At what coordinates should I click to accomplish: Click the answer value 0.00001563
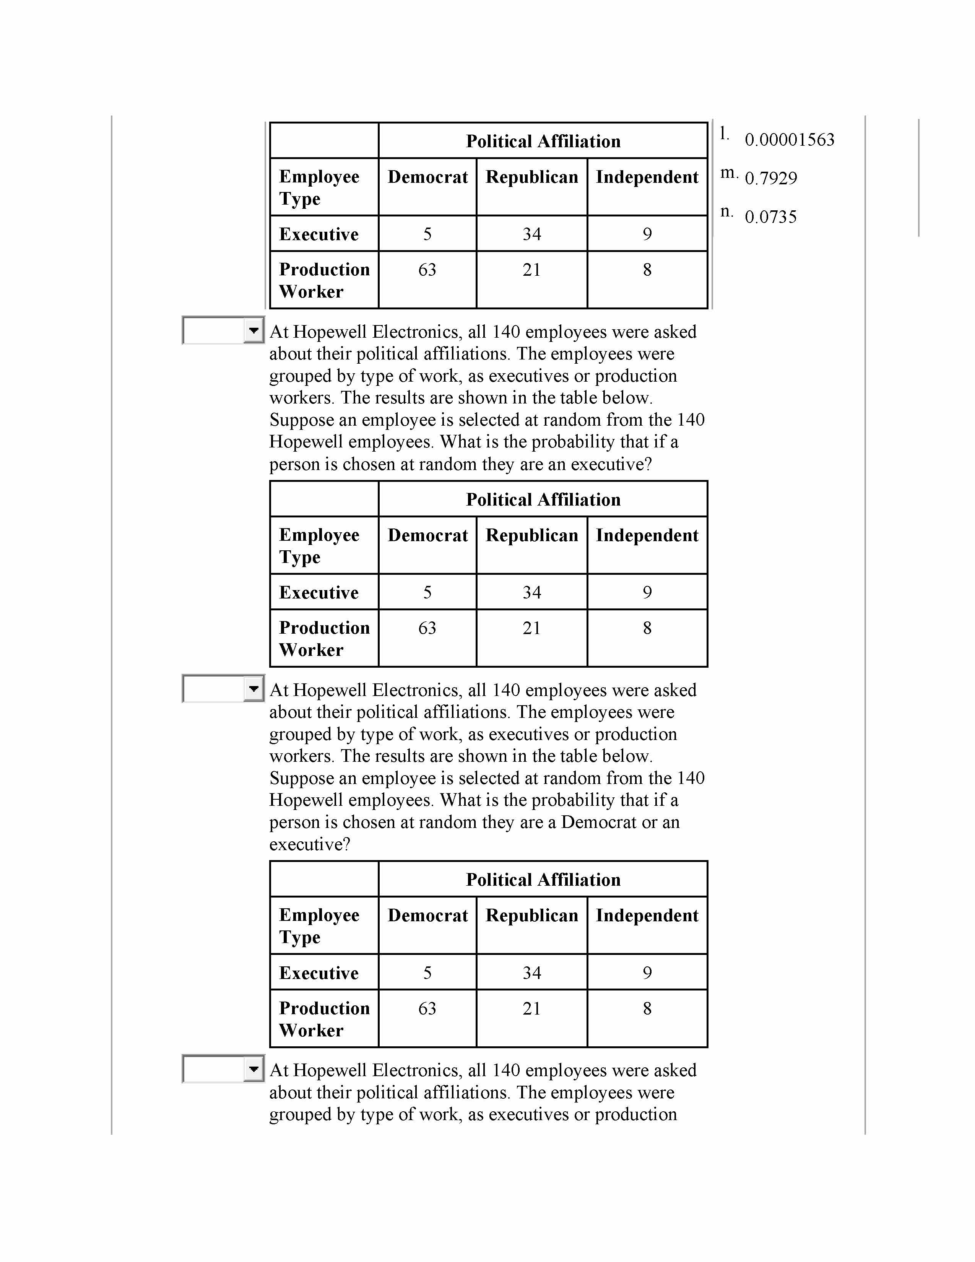789,140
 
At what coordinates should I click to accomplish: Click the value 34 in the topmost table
531,234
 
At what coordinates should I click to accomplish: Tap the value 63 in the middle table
427,628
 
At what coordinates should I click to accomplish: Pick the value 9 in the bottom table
647,973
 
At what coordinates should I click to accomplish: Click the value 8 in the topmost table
647,270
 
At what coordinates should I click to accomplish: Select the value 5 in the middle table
427,592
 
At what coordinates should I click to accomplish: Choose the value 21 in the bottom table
531,1008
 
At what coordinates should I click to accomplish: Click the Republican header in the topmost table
531,177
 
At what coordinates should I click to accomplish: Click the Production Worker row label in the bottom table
324,1019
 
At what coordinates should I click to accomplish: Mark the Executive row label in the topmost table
319,234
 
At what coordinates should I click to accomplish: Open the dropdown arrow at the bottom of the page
253,1069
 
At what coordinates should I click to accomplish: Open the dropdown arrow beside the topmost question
253,330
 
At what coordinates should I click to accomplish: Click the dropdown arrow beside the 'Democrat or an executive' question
253,689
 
